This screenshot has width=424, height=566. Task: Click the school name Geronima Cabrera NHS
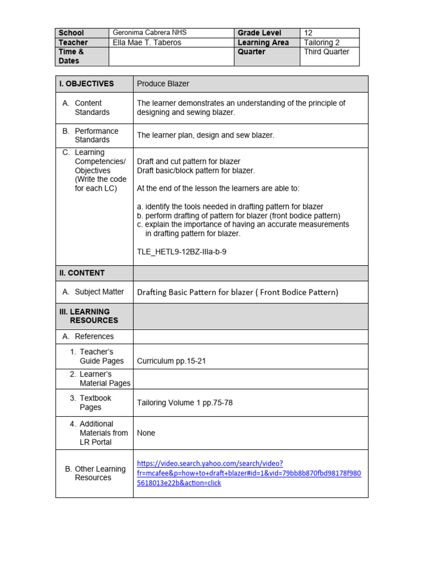(x=149, y=33)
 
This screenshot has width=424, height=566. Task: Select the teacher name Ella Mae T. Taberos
(x=147, y=43)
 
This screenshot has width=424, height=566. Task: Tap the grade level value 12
(x=308, y=33)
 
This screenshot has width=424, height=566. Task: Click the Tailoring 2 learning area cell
(x=326, y=43)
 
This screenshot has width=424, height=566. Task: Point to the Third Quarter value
(x=326, y=52)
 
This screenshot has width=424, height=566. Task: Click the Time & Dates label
(x=71, y=56)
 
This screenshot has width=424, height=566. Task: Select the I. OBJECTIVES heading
(x=86, y=84)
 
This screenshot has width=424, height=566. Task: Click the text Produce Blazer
(x=163, y=84)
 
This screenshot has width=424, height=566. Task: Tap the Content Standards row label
(x=92, y=108)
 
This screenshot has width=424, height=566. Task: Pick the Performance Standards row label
(x=96, y=135)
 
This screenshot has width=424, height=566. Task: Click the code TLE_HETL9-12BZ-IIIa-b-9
(x=182, y=252)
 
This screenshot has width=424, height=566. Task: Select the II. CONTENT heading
(x=82, y=273)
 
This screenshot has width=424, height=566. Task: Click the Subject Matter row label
(x=99, y=292)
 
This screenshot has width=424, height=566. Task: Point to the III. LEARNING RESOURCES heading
(x=88, y=316)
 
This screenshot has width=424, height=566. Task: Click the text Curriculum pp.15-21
(x=172, y=361)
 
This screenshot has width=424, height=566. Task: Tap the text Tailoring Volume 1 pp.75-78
(x=184, y=403)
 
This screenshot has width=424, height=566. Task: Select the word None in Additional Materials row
(x=146, y=433)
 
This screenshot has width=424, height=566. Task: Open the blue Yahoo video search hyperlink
(x=248, y=473)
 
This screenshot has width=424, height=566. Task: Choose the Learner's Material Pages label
(x=104, y=379)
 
